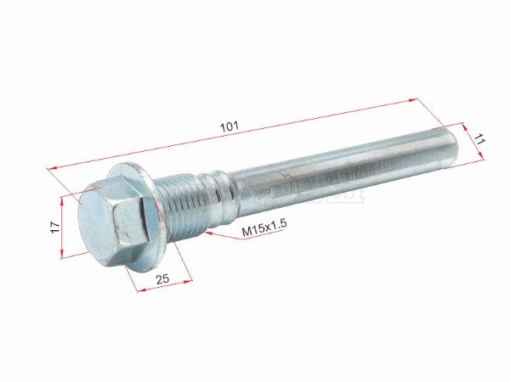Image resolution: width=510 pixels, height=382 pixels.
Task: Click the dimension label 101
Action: point(229,126)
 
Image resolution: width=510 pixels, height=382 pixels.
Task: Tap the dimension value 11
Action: point(479,140)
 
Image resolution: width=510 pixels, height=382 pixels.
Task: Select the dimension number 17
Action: point(55,227)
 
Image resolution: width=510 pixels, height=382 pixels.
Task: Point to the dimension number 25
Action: point(162,278)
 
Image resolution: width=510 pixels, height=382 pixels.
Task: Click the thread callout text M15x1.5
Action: point(263,229)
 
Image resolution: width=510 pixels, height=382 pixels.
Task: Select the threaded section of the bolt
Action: point(183,205)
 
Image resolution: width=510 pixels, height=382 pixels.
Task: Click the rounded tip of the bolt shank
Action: point(454,148)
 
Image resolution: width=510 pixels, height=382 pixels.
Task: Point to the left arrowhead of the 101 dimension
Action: point(52,168)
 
